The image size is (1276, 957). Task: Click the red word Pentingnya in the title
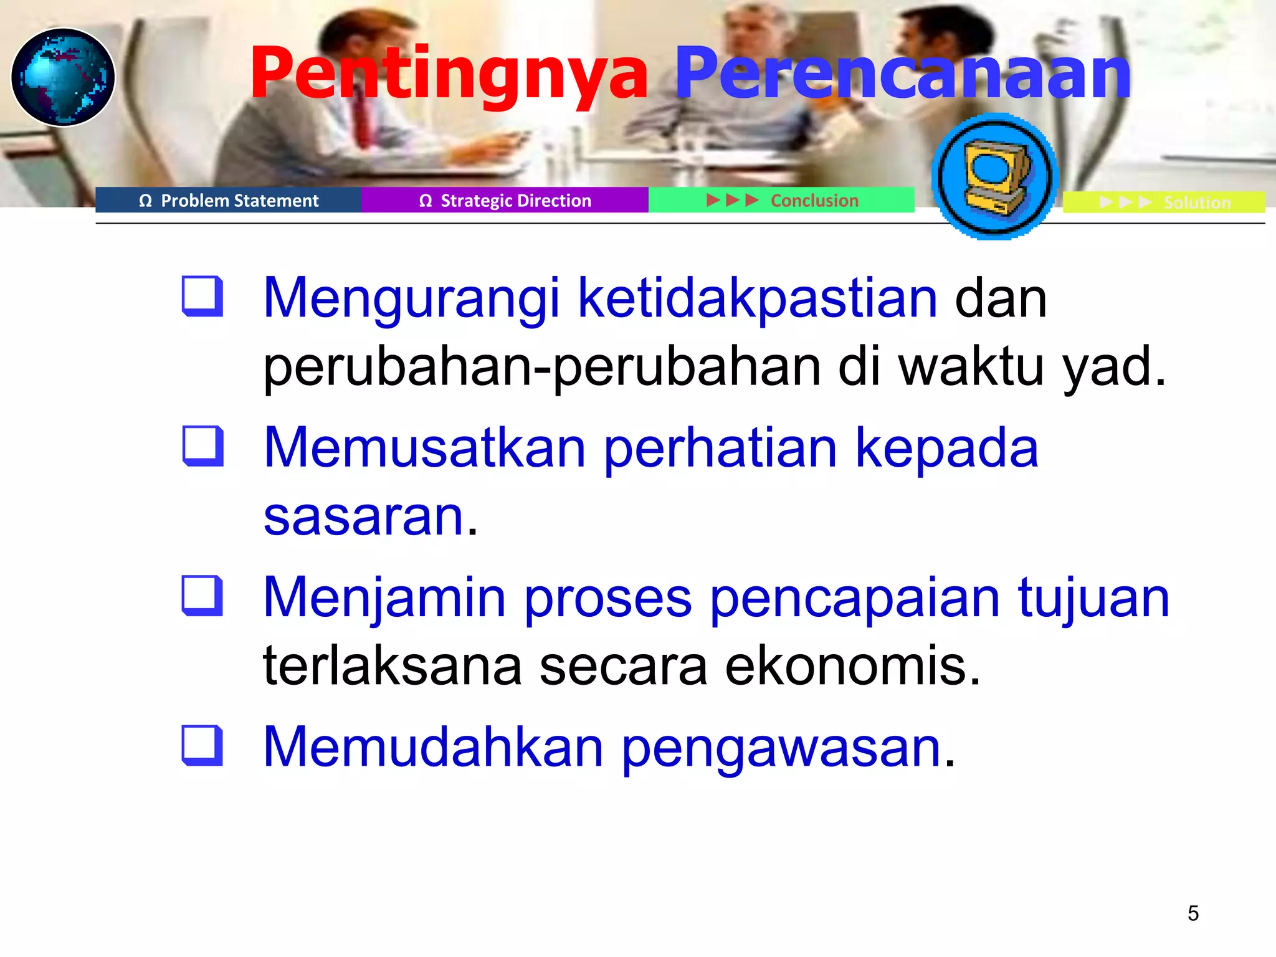click(449, 75)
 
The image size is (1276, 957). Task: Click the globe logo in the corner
click(63, 77)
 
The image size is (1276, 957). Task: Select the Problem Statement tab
click(229, 201)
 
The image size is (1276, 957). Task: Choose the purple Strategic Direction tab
click(505, 201)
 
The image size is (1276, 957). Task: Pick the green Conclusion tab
click(782, 201)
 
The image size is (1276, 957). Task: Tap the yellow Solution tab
click(1164, 202)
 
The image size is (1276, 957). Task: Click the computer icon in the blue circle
click(994, 176)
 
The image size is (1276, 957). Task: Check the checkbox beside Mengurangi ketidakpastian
click(202, 297)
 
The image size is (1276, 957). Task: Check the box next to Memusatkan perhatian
click(202, 446)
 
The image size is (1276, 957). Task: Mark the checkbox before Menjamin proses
click(202, 596)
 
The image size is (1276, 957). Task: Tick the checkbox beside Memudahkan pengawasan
click(202, 745)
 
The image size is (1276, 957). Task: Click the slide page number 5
click(1193, 913)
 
